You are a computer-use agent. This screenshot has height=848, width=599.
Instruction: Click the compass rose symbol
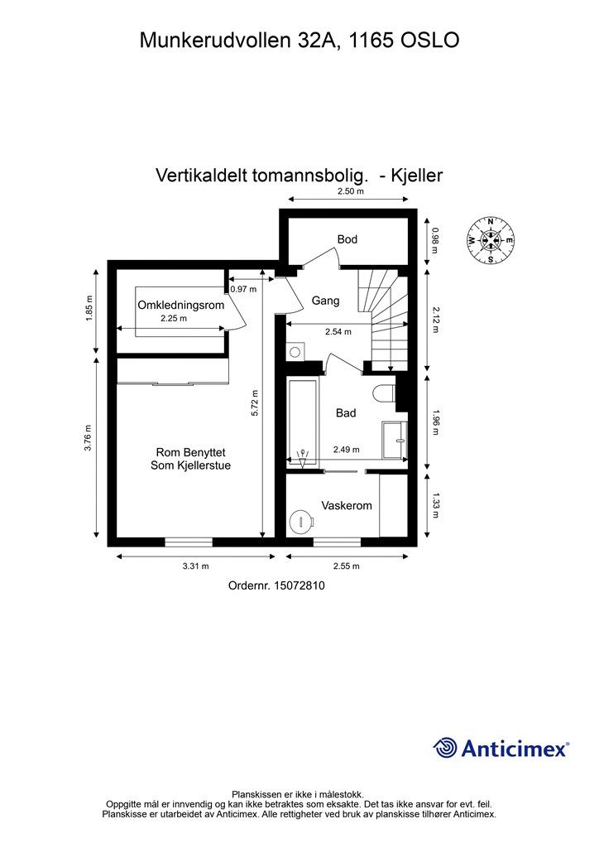pos(491,239)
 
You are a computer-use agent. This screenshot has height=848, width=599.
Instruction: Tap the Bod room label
pos(347,239)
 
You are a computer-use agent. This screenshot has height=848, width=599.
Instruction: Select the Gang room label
pos(325,301)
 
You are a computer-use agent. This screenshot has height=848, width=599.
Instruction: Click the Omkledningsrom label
pos(181,306)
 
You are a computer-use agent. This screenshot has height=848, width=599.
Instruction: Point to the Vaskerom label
pos(347,505)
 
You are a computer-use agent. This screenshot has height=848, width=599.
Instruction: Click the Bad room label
pos(346,412)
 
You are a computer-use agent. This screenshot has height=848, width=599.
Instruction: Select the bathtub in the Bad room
pos(302,422)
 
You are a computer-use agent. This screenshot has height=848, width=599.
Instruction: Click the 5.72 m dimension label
pos(256,403)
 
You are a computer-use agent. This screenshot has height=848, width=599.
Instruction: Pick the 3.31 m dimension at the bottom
pos(194,566)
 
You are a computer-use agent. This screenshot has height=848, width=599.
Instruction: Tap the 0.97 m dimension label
pos(243,289)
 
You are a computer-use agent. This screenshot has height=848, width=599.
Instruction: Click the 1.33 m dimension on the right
pos(436,502)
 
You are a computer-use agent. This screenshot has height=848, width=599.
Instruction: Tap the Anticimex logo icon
pos(446,748)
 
